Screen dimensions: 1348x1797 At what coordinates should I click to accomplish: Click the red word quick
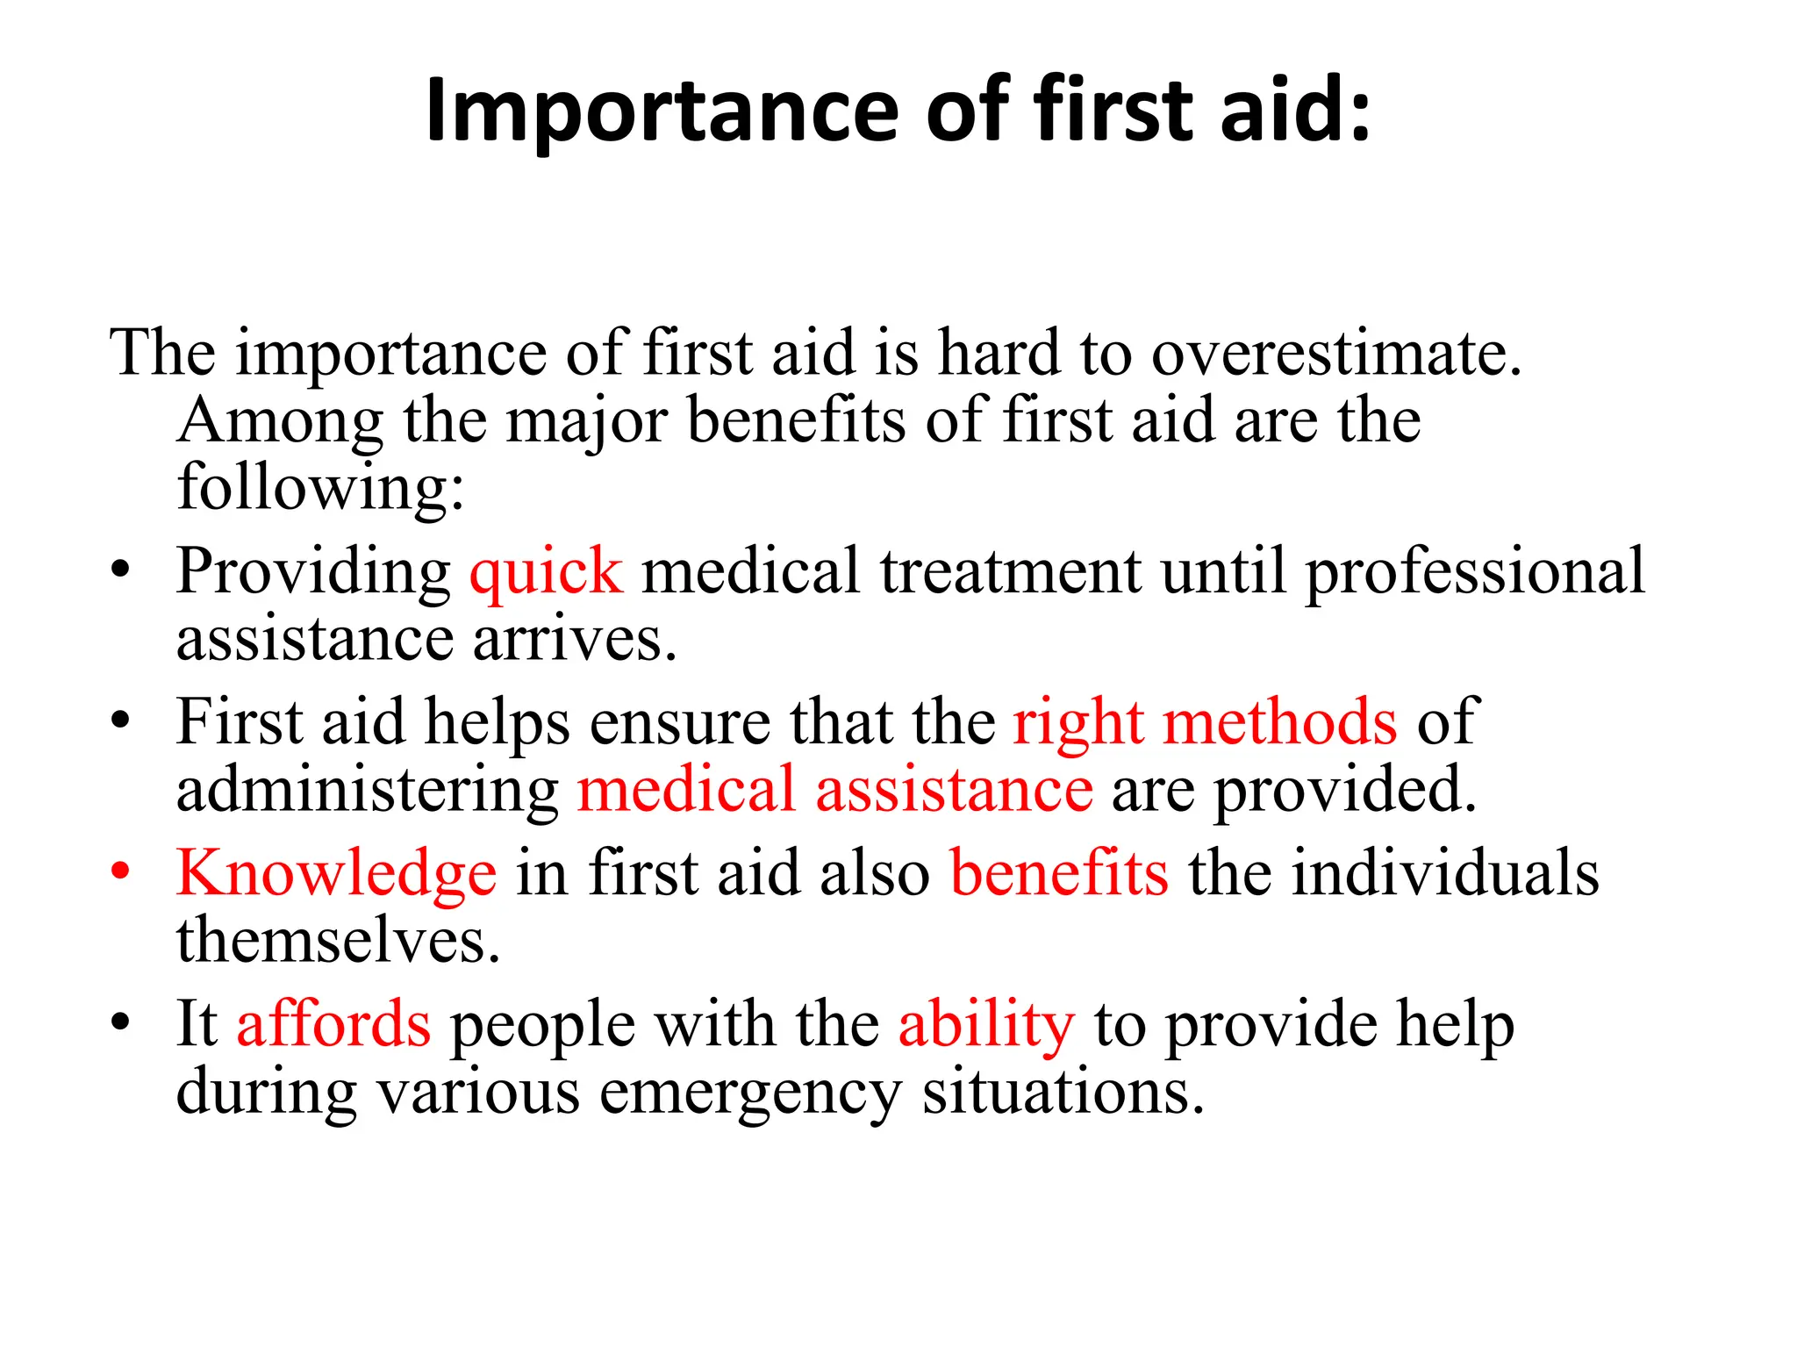[546, 572]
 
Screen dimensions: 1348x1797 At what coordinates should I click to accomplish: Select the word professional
[1475, 572]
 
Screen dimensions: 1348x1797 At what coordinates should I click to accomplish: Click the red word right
[1078, 723]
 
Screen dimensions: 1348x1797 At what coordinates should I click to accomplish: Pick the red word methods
[1280, 723]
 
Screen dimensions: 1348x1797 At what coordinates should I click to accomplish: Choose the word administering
[368, 790]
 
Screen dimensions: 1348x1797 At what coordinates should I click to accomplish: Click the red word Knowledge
[337, 874]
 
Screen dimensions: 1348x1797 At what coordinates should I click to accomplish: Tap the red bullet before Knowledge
[120, 871]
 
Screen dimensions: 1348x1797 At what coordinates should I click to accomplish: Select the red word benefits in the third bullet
[1060, 874]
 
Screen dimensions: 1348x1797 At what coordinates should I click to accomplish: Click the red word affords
[333, 1025]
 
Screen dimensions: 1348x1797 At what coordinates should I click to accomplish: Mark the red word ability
[986, 1025]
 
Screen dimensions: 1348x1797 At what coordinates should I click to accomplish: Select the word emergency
[750, 1093]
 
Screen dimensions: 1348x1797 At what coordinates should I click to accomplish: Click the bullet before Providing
[120, 570]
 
